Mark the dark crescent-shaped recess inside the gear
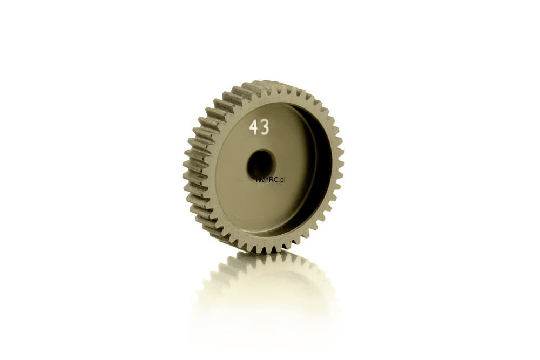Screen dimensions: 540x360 320,165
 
